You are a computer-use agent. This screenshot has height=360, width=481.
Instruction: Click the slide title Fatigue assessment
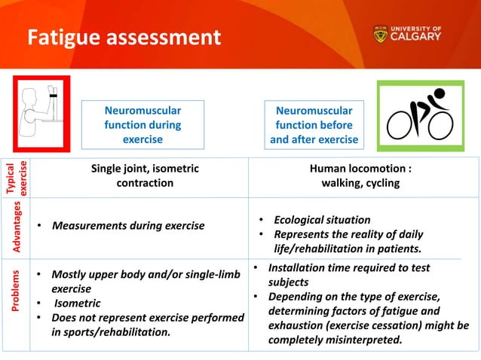[x=124, y=36]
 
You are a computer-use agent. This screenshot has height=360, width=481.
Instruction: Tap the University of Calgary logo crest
[x=381, y=35]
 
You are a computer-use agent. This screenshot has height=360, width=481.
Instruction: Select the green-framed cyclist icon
[x=419, y=115]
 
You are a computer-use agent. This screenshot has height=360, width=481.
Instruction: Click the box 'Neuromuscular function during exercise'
[x=142, y=124]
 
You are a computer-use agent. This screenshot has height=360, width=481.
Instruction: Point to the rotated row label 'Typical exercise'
[x=17, y=178]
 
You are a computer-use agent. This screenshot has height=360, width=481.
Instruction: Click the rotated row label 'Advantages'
[x=17, y=226]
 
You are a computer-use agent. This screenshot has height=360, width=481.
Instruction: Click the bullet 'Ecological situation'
[x=322, y=220]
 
